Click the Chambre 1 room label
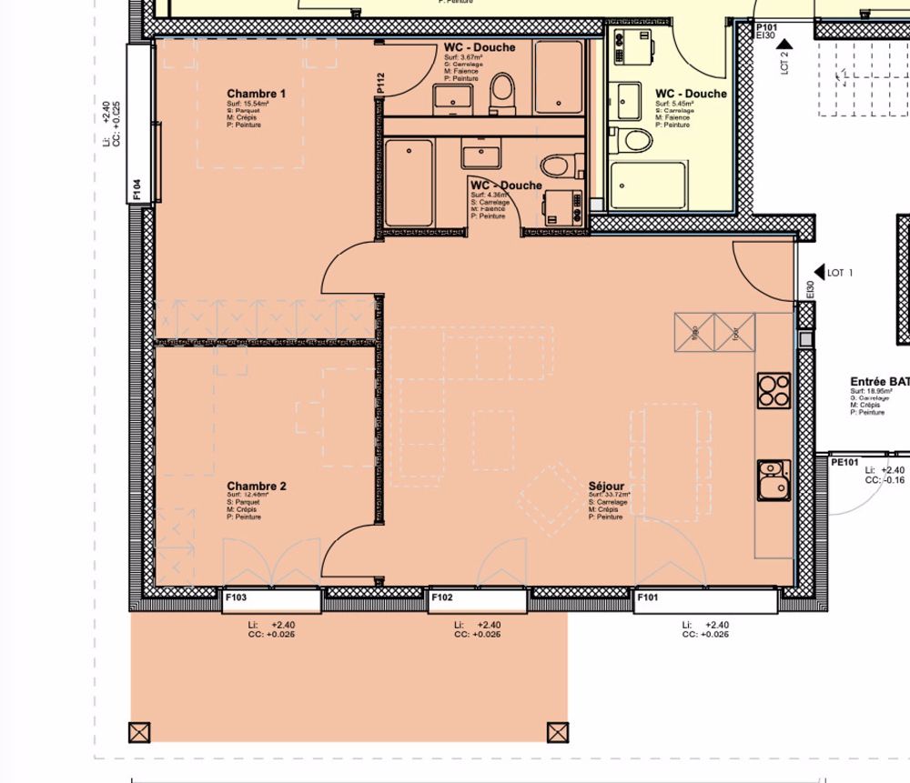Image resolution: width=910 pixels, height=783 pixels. [257, 94]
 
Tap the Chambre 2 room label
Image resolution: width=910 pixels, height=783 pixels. [257, 487]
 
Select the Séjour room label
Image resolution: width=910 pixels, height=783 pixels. [606, 487]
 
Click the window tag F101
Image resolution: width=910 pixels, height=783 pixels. [648, 598]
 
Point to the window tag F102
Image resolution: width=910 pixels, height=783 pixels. [442, 598]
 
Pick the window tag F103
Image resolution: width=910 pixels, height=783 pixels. [236, 598]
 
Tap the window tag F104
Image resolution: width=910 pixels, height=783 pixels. [136, 189]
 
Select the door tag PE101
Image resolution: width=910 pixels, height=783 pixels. [845, 462]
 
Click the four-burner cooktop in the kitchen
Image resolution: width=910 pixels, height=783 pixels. [773, 390]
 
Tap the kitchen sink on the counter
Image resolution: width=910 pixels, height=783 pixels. [773, 479]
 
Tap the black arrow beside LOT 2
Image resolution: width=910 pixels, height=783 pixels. [784, 42]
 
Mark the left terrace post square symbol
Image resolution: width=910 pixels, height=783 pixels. [139, 732]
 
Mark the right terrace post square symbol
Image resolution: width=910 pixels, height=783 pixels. [557, 732]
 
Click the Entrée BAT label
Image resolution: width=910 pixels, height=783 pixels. [879, 382]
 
